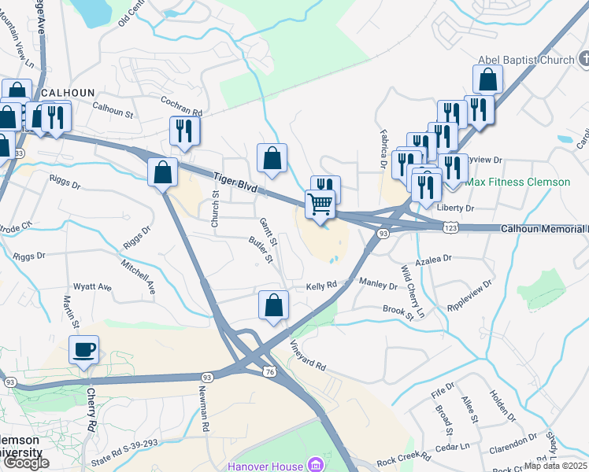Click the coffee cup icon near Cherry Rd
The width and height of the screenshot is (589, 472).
(x=83, y=350)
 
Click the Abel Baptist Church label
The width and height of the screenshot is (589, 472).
(x=526, y=60)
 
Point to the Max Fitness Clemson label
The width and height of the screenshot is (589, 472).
(x=517, y=182)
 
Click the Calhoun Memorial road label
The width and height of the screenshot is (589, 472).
(x=543, y=229)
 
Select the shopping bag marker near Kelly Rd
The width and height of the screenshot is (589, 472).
(x=273, y=306)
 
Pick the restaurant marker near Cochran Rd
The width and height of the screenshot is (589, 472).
(x=184, y=131)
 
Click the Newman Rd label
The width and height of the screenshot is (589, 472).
(x=205, y=411)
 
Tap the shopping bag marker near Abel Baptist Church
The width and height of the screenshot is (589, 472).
(x=488, y=80)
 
